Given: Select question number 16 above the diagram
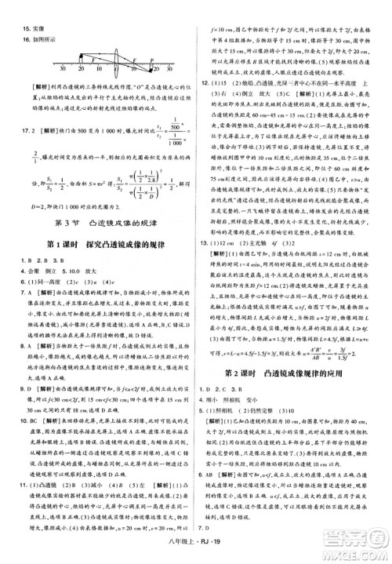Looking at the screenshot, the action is (x=15, y=24).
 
